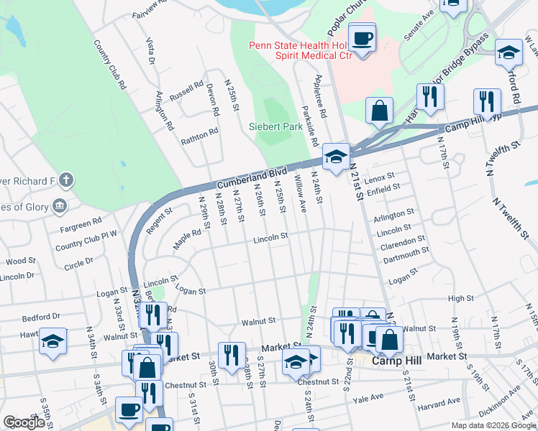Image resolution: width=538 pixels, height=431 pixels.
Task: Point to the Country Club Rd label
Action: coord(110,64)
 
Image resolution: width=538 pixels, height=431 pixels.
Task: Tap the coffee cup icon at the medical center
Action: coord(362,37)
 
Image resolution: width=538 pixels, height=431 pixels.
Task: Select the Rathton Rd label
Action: coord(199,135)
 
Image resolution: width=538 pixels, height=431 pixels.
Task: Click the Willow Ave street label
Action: coord(302,197)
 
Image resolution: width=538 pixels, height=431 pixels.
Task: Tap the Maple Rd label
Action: coord(187,237)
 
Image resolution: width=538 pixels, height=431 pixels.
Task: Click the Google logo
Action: coord(23,422)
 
